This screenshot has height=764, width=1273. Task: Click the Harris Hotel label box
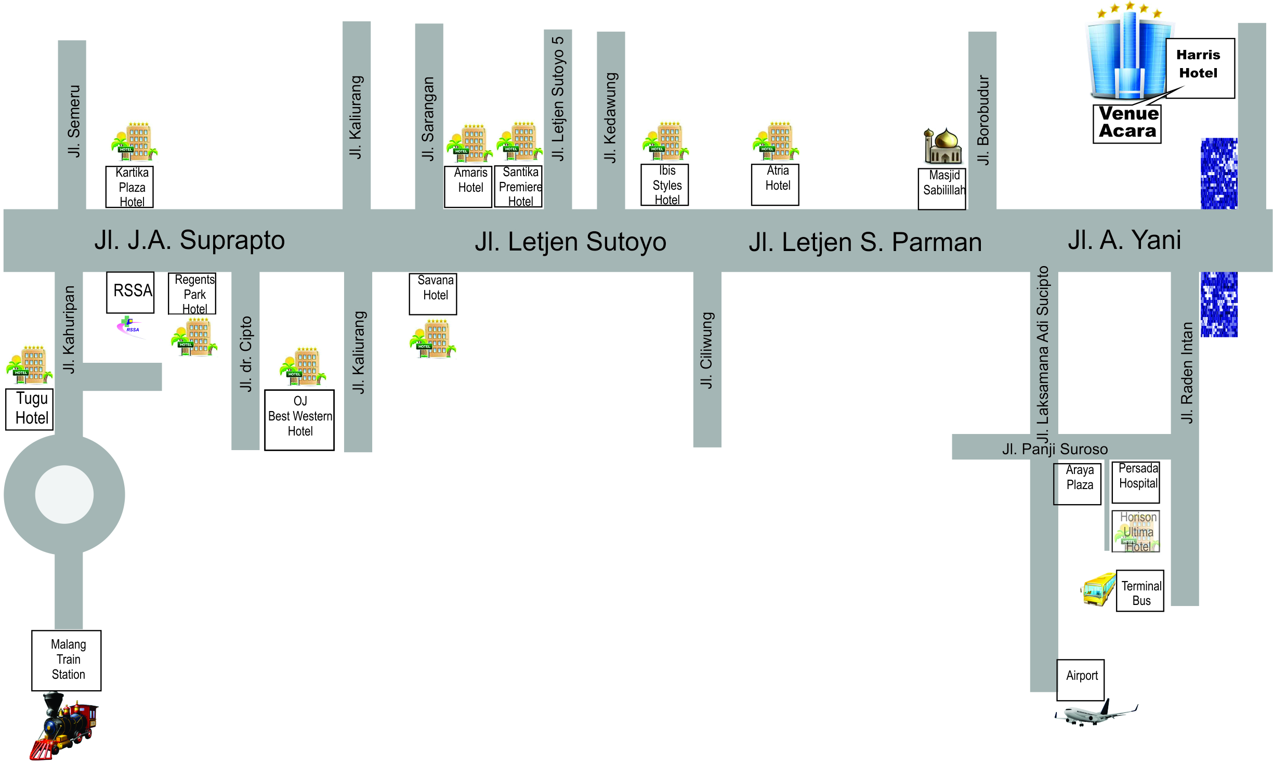coord(1199,68)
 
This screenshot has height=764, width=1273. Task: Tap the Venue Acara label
coord(1127,123)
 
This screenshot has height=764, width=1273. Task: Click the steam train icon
coord(64,725)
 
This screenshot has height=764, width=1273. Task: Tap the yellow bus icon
coord(1098,589)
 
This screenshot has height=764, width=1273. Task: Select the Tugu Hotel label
coord(30,409)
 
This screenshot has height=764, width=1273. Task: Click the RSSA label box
coord(130,292)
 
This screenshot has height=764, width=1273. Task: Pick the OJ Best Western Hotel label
coord(299,419)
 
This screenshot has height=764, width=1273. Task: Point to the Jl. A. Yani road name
coord(1124,241)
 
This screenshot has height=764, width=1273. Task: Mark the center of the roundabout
coord(64,494)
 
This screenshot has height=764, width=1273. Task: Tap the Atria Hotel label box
coord(776,184)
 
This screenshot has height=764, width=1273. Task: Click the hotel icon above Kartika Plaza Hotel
coord(134,142)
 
